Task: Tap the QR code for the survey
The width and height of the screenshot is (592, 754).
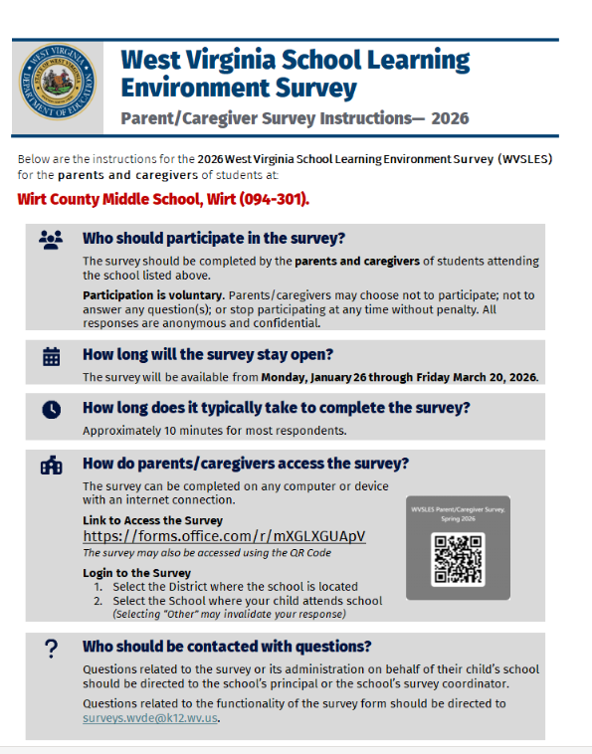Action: pyautogui.click(x=458, y=559)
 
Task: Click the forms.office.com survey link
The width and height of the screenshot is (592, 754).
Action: pyautogui.click(x=224, y=536)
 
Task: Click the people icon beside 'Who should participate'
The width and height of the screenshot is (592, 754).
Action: pyautogui.click(x=51, y=239)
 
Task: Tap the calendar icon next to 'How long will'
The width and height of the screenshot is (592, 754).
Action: pyautogui.click(x=52, y=356)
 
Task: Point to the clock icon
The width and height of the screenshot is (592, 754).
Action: pyautogui.click(x=52, y=409)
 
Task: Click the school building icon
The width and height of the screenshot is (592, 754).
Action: pyautogui.click(x=52, y=465)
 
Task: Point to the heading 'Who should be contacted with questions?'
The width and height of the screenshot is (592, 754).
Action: pyautogui.click(x=227, y=646)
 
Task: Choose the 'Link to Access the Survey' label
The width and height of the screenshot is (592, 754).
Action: pyautogui.click(x=152, y=520)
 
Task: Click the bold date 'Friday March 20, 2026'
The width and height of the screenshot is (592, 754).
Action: pyautogui.click(x=476, y=377)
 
